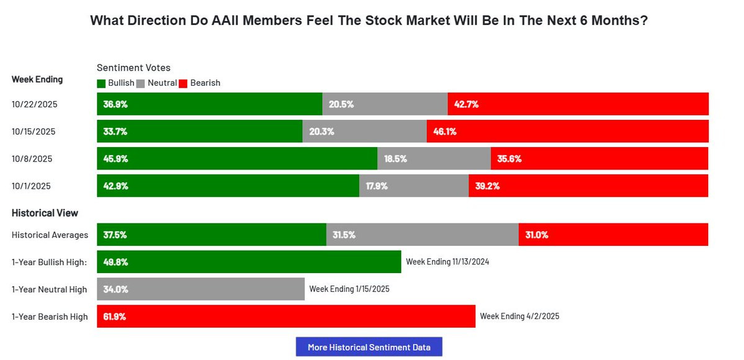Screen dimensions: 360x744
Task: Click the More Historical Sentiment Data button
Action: (x=369, y=347)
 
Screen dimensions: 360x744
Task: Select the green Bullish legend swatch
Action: (x=101, y=83)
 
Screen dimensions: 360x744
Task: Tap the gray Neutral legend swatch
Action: (x=140, y=83)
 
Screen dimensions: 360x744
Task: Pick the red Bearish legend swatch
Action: (x=183, y=83)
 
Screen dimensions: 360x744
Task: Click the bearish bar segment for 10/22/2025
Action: (x=578, y=104)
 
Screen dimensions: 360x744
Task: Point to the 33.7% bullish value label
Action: (x=115, y=132)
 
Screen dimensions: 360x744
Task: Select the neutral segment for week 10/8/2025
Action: (x=434, y=159)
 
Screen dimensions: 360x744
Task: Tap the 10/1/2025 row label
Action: (x=32, y=186)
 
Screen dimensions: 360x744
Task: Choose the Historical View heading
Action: (x=45, y=213)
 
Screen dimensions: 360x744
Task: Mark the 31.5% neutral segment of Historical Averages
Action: (x=422, y=235)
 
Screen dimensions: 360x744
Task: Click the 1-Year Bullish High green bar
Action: (x=249, y=262)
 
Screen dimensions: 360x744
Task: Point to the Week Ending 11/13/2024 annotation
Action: (x=447, y=262)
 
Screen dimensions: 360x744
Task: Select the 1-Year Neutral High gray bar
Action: (x=200, y=289)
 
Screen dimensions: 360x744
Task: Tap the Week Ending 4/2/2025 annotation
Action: (x=519, y=317)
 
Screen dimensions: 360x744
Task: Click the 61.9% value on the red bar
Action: (x=115, y=317)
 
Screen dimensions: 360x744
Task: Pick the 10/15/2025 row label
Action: (x=34, y=132)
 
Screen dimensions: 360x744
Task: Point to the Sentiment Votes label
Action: (x=133, y=68)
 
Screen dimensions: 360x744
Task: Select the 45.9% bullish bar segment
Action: (x=237, y=159)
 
